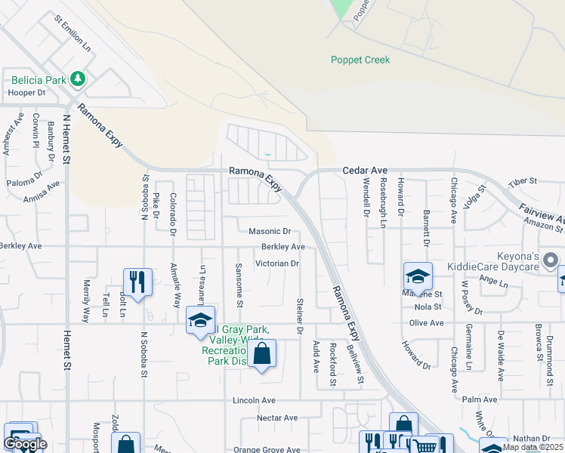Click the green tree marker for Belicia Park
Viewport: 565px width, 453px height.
click(77, 78)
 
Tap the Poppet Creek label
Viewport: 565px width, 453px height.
click(360, 60)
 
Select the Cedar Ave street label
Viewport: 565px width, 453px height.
click(365, 171)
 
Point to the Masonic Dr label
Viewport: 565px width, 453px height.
click(270, 231)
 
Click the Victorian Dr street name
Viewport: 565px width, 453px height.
click(277, 263)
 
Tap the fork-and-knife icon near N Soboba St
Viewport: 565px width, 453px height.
click(137, 282)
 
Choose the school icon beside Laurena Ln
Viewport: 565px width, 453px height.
click(200, 320)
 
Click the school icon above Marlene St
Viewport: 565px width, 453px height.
click(418, 276)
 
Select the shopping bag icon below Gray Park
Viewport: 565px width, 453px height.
click(261, 353)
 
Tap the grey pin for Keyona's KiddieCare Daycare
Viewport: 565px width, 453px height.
click(551, 260)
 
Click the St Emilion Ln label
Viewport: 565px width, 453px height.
click(73, 35)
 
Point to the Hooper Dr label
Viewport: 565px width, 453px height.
click(27, 93)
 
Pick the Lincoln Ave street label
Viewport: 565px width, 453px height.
click(254, 400)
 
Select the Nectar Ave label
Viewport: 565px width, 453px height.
click(277, 418)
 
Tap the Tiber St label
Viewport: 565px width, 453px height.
click(522, 181)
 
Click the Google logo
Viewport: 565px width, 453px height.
click(25, 445)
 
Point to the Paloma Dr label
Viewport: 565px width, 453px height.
click(24, 181)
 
